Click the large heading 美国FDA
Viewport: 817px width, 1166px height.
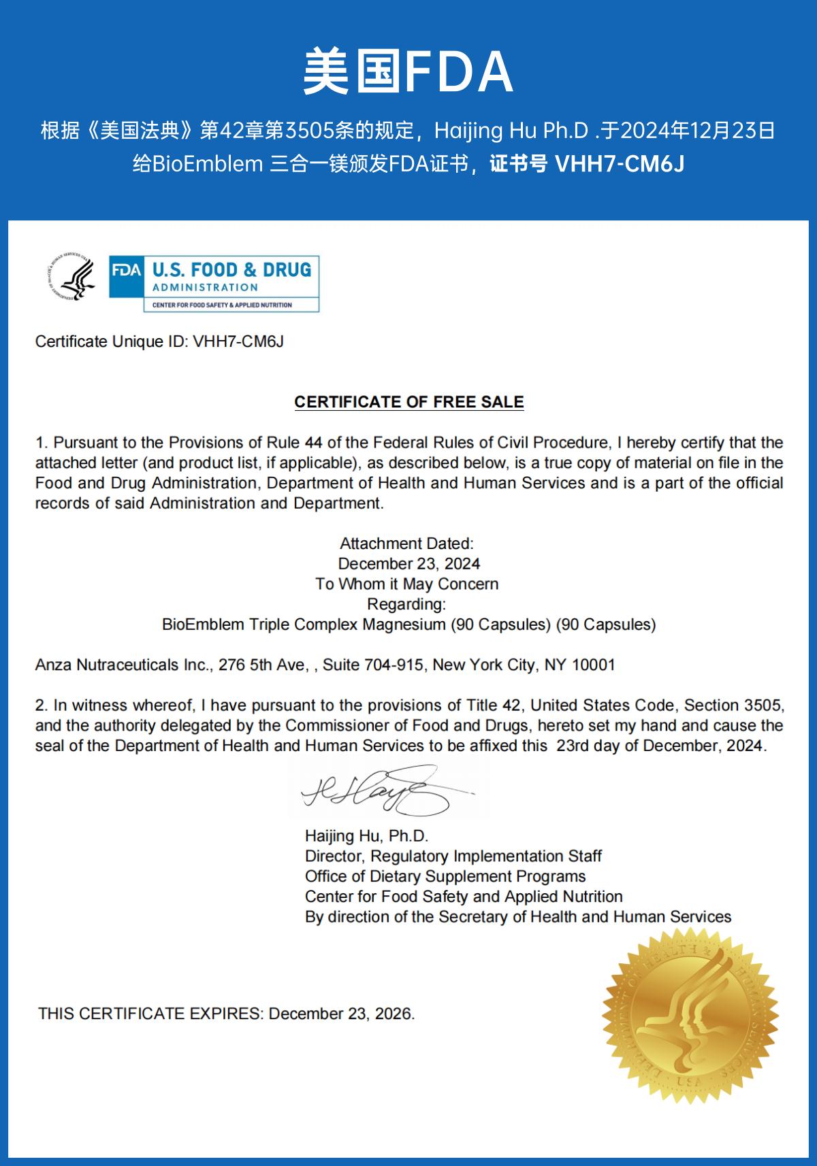[408, 71]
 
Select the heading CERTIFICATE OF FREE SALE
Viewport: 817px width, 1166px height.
[408, 402]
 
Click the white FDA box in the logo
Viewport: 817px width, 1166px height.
[127, 270]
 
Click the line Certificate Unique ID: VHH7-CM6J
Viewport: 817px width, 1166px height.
[159, 342]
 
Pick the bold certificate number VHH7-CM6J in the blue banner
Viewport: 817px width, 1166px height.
[620, 165]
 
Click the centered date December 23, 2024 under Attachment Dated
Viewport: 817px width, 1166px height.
[408, 564]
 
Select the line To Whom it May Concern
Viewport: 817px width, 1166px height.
[406, 584]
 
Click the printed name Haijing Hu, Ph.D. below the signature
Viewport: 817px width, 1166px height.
[366, 836]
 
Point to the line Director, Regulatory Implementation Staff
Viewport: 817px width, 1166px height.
[453, 856]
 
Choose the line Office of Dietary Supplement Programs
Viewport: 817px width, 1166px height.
[445, 876]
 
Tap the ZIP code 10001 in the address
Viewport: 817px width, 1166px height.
[593, 665]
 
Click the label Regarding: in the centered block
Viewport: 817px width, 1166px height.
[406, 604]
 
